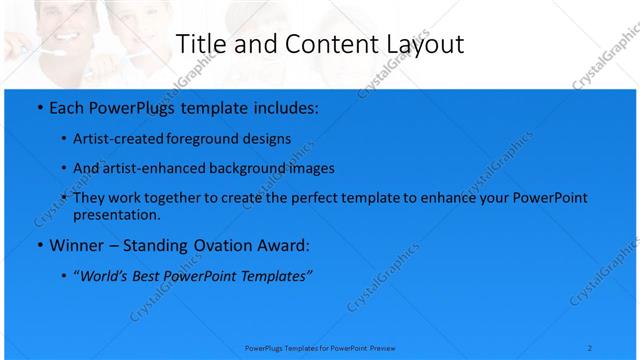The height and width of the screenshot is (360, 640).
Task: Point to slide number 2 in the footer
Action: coord(590,347)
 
